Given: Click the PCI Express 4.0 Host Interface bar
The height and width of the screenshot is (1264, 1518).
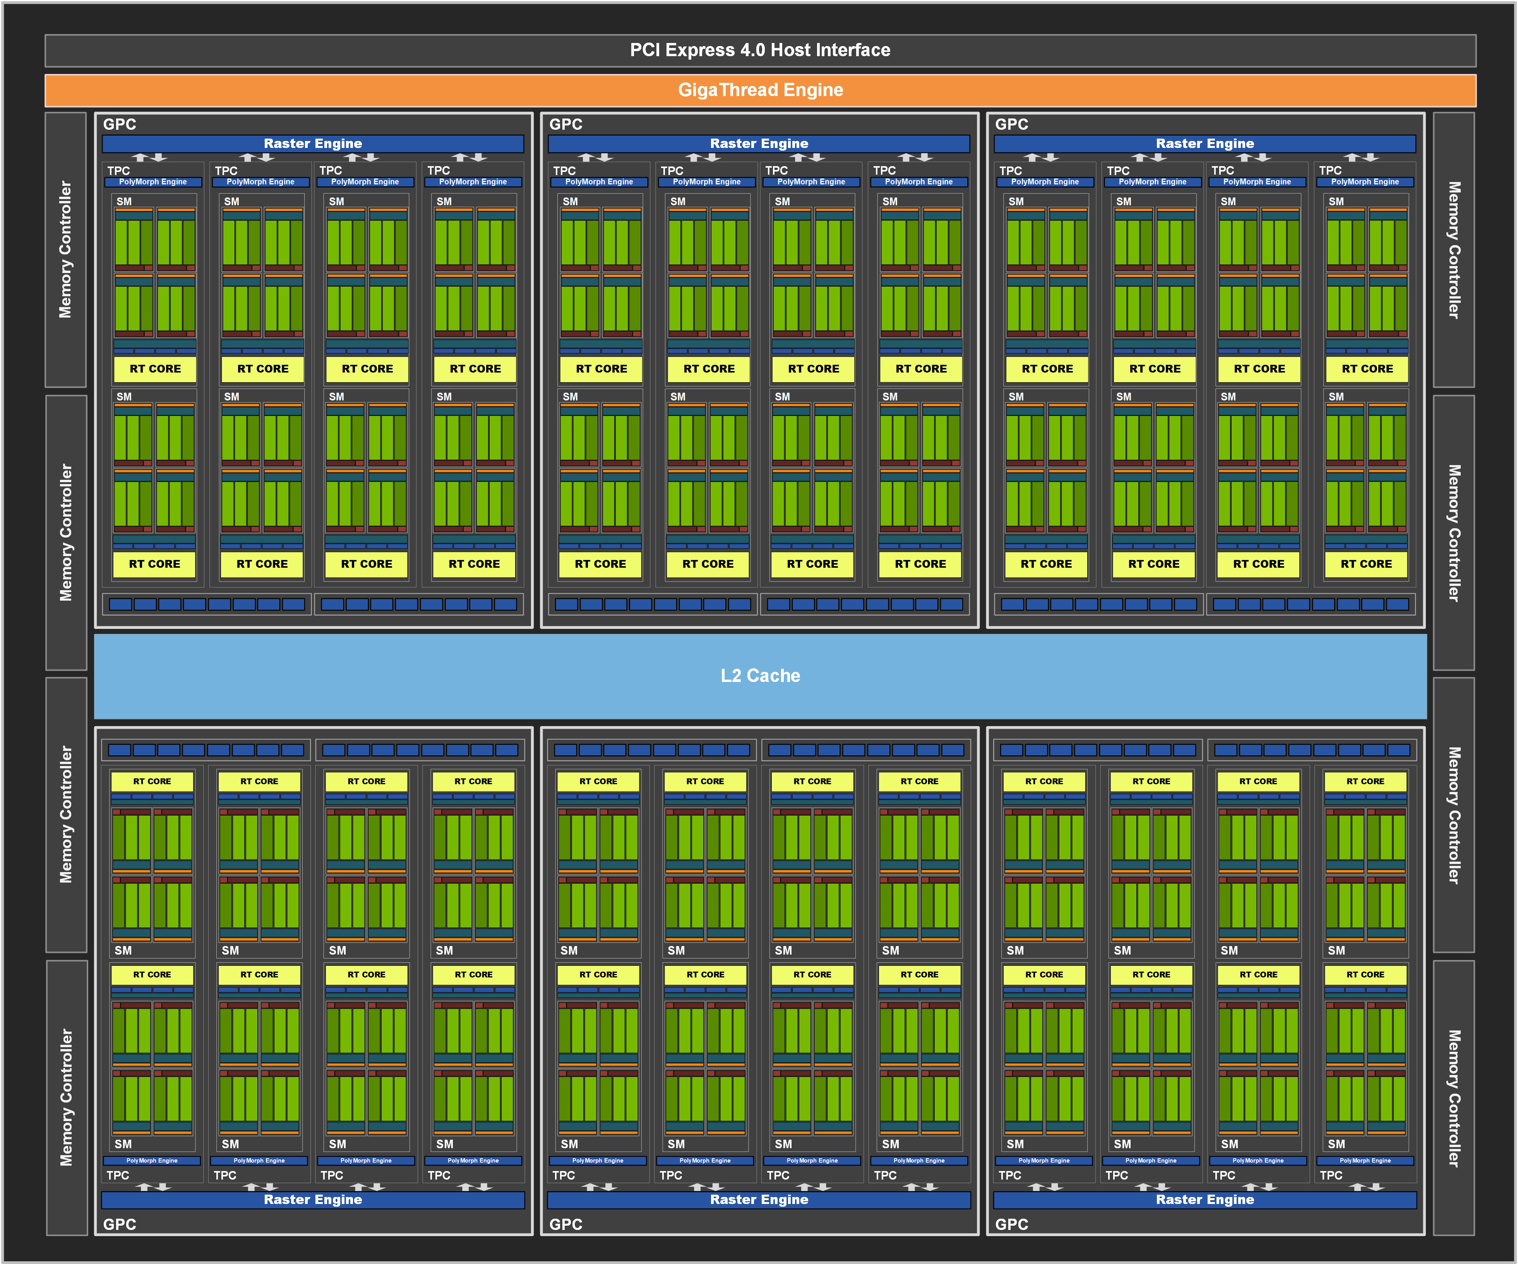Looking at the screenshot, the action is tap(760, 50).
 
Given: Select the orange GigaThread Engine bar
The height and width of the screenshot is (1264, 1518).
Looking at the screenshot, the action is tap(760, 90).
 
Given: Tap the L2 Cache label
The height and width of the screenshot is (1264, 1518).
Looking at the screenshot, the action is tap(760, 675).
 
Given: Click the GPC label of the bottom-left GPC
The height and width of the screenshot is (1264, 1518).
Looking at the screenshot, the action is tap(119, 1224).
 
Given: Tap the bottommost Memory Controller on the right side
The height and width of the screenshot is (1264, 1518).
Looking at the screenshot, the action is tap(1454, 1098).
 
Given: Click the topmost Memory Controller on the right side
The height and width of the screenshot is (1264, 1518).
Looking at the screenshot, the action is tap(1454, 249).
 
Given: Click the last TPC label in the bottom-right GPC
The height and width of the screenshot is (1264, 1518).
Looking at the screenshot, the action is tap(1331, 1175).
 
